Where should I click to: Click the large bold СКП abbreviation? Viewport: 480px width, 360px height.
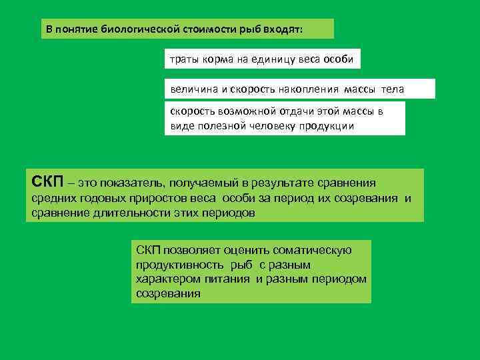coord(47,181)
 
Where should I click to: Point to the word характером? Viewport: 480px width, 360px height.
coord(164,279)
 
